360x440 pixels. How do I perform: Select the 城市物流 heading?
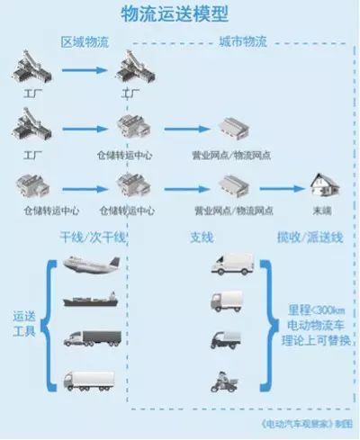pyautogui.click(x=243, y=42)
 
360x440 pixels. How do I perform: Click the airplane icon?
pyautogui.click(x=94, y=265)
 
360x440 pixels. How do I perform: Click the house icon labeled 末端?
pyautogui.click(x=320, y=188)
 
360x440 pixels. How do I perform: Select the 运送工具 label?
pyautogui.click(x=24, y=323)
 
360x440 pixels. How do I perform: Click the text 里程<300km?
pyautogui.click(x=310, y=307)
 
